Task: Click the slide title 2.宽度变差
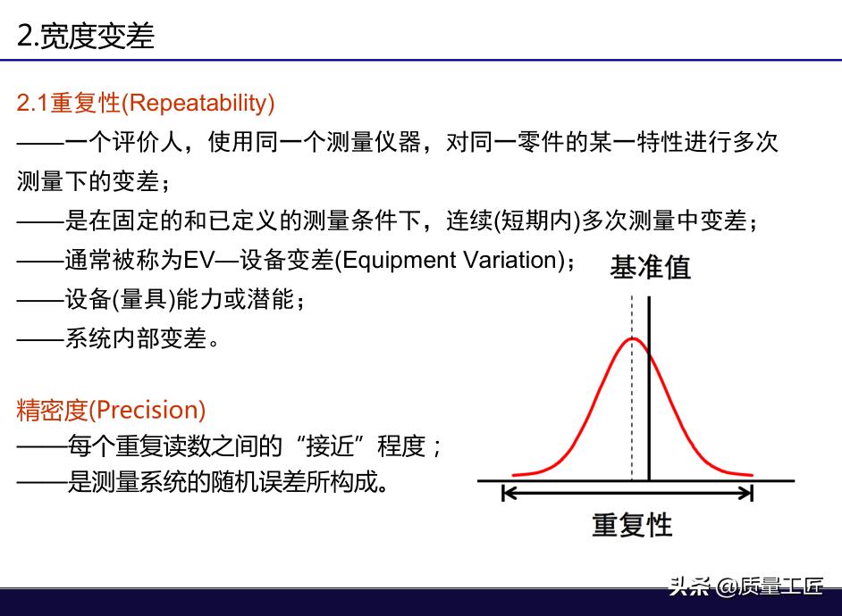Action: coord(86,36)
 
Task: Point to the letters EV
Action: coord(198,260)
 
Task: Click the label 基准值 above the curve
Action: coord(650,267)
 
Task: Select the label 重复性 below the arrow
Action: coord(632,525)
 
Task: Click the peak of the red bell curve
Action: coord(633,338)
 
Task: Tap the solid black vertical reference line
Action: coord(649,388)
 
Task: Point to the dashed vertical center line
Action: coord(632,388)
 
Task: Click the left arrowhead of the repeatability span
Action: coord(506,493)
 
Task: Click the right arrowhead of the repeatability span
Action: coord(748,493)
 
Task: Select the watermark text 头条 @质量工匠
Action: coord(746,586)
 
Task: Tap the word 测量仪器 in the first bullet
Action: coord(374,142)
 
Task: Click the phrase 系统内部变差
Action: coord(137,338)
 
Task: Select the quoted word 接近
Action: coord(330,445)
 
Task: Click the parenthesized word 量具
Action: coord(143,299)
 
